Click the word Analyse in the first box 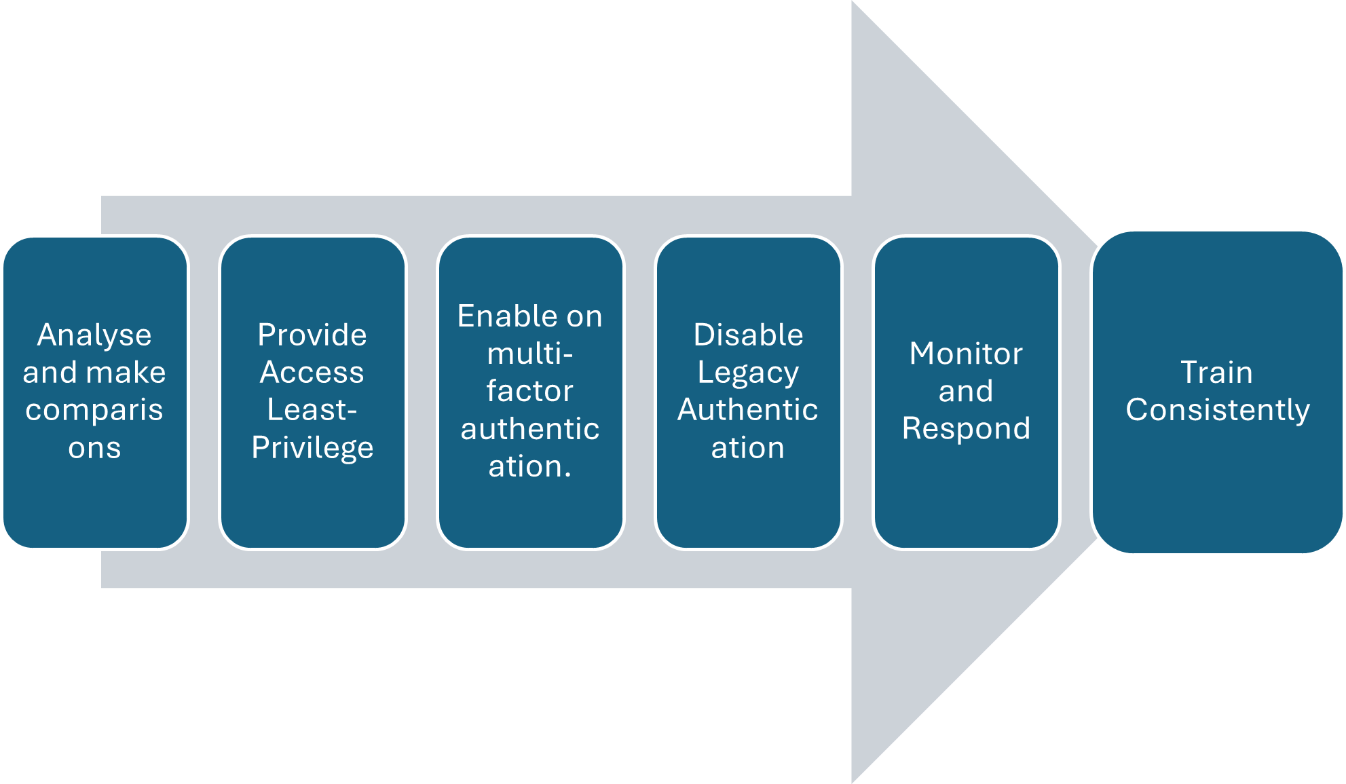[x=94, y=335]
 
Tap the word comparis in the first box [x=94, y=410]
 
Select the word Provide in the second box [x=312, y=335]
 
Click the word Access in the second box [x=312, y=373]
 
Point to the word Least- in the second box [x=312, y=410]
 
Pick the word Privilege [x=312, y=448]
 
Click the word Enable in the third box [x=501, y=316]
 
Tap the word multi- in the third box [x=530, y=354]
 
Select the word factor [x=530, y=392]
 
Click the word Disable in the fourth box [x=748, y=335]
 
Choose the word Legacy [x=748, y=373]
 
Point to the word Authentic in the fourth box [x=748, y=410]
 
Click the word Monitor [x=966, y=354]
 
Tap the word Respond [x=966, y=429]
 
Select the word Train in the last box [x=1216, y=373]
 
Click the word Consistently [x=1218, y=410]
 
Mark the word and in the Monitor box [x=966, y=392]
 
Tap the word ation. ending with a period [x=530, y=467]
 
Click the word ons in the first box [x=94, y=448]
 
